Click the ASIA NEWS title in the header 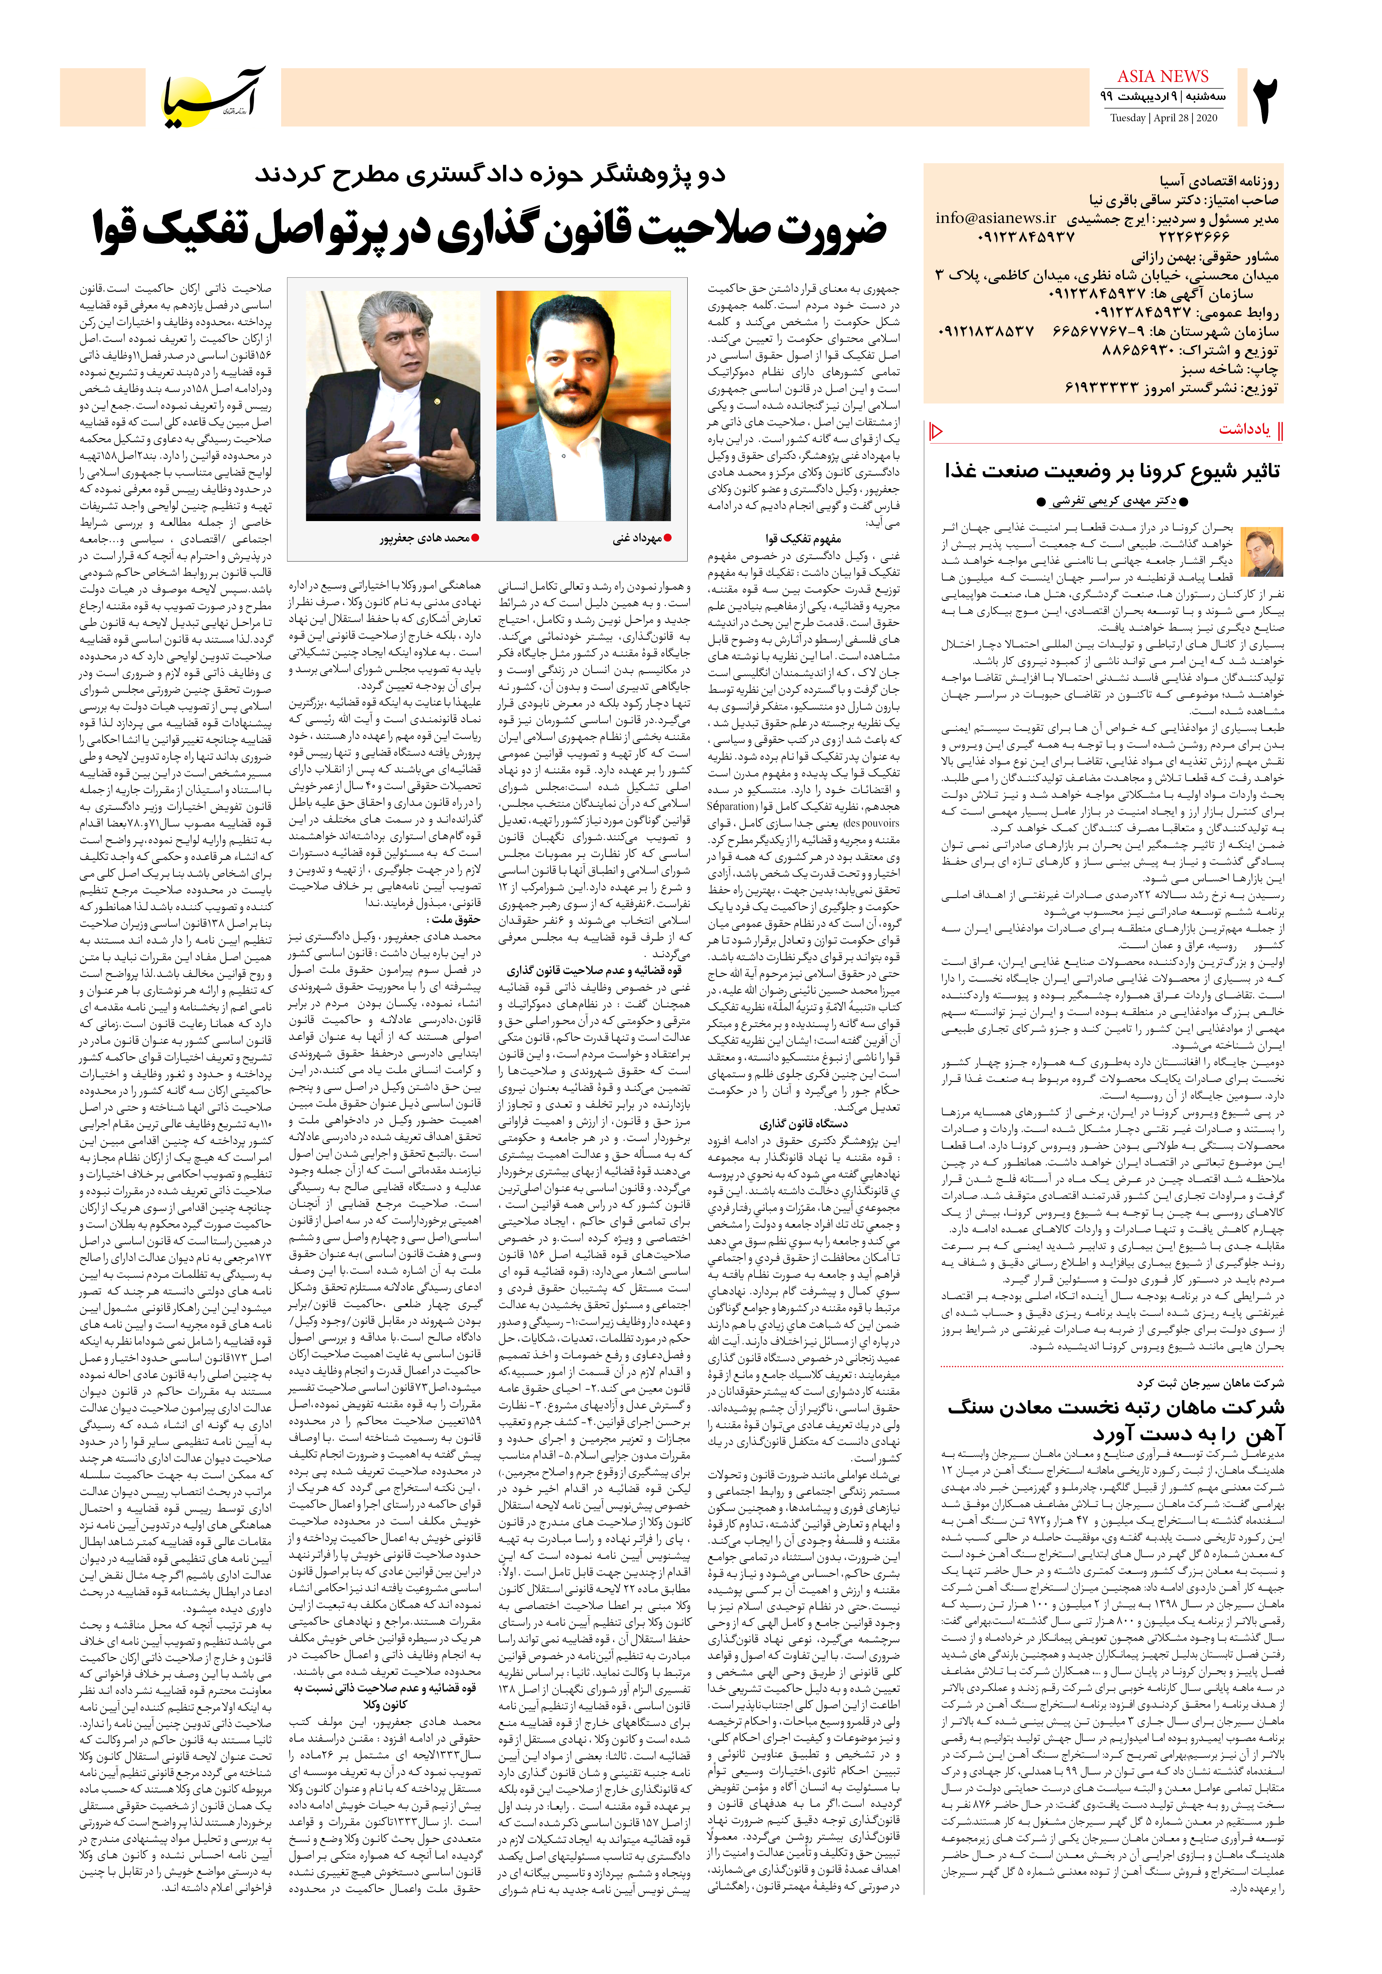click(1163, 77)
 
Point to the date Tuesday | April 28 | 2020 click(1163, 118)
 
